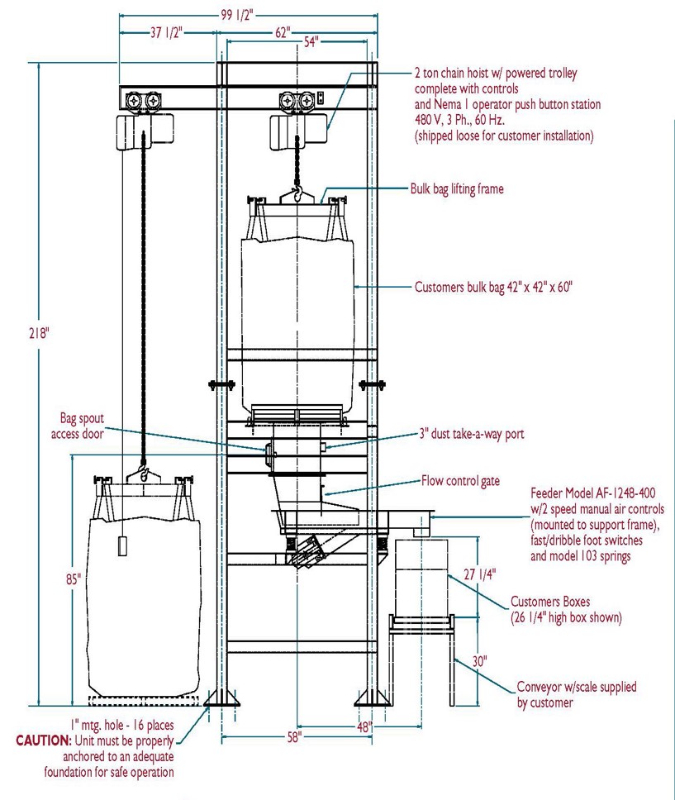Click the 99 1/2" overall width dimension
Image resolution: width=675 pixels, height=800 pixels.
coord(249,14)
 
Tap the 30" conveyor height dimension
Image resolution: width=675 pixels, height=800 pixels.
coord(479,661)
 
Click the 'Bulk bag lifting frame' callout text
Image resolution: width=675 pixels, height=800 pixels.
coord(457,188)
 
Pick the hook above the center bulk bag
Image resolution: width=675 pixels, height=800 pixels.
coord(295,195)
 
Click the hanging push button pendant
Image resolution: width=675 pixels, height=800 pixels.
coord(122,546)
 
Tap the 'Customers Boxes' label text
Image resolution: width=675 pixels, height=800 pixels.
coord(549,602)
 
